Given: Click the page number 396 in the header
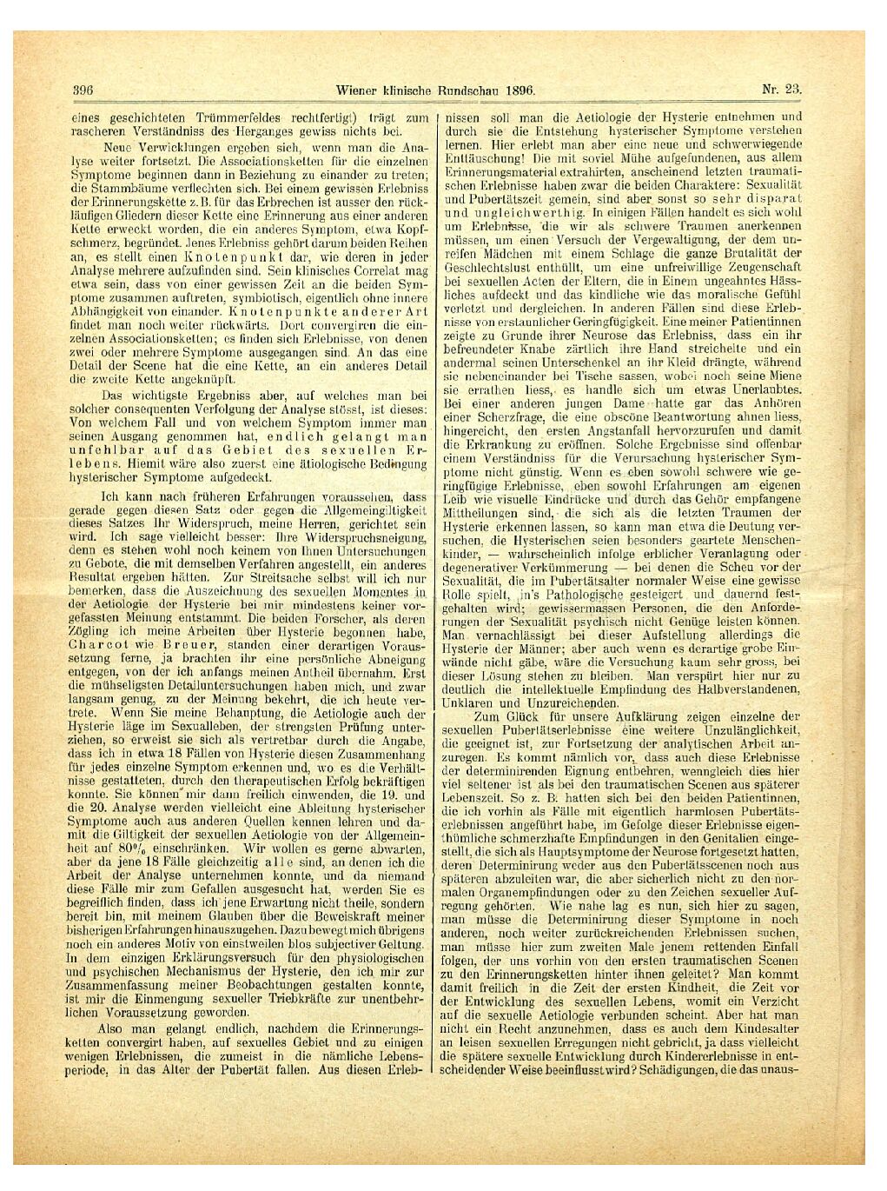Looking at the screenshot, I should click(x=83, y=90).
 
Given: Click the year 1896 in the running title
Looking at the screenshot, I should click(x=516, y=90).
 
